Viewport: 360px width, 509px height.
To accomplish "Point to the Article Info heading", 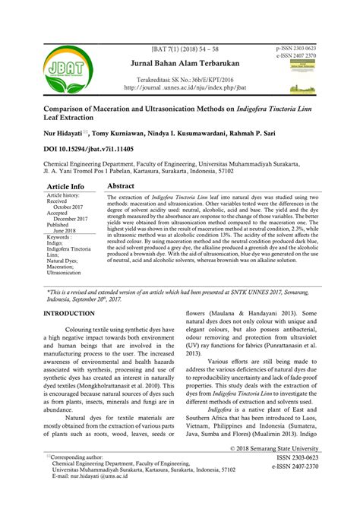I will [66, 207].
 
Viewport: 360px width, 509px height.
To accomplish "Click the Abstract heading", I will [122, 207].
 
